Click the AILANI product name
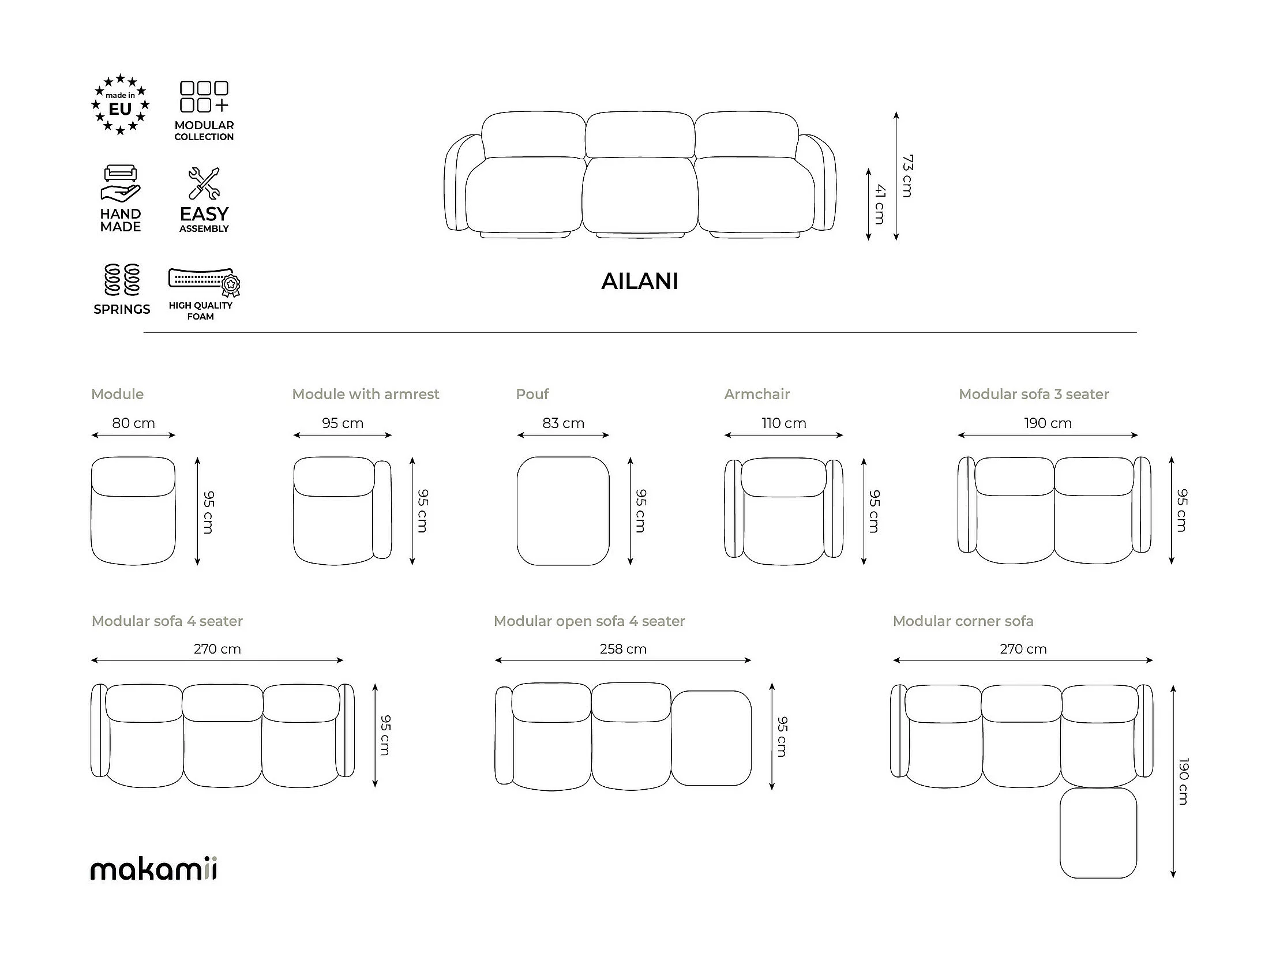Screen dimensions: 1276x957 [x=639, y=282]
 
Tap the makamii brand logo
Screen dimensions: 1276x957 [x=154, y=869]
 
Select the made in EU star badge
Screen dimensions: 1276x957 [x=120, y=104]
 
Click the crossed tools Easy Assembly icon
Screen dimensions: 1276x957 [x=204, y=183]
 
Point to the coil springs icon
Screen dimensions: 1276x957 [x=122, y=280]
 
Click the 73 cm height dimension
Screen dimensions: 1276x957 [x=907, y=176]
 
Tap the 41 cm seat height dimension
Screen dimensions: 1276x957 [x=879, y=204]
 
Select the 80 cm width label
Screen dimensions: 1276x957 [x=133, y=423]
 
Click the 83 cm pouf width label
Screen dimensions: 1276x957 [x=563, y=423]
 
